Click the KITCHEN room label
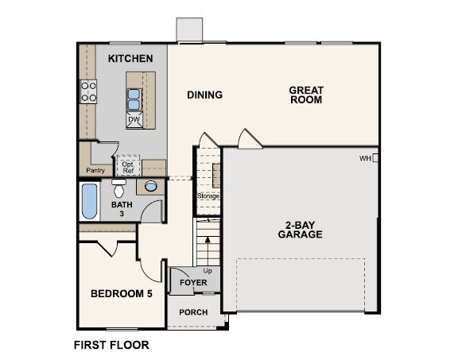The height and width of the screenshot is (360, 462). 130,59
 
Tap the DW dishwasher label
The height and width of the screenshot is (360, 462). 134,120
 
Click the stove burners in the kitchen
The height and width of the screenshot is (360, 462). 88,92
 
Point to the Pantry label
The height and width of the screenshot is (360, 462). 95,169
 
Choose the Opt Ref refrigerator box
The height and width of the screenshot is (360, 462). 127,166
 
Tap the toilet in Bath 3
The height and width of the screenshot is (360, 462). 119,190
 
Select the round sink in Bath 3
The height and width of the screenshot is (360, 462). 149,187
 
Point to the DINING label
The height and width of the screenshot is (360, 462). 204,95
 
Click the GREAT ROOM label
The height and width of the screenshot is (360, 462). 305,95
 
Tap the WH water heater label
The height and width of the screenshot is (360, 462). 366,159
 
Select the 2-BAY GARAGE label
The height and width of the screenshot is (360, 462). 300,229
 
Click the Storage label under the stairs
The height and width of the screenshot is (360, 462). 208,195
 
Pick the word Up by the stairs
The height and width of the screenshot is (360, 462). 208,270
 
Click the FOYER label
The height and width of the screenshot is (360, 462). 193,283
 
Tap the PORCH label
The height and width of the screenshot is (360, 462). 193,312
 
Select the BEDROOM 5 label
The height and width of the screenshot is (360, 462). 120,293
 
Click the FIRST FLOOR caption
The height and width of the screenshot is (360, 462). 111,346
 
